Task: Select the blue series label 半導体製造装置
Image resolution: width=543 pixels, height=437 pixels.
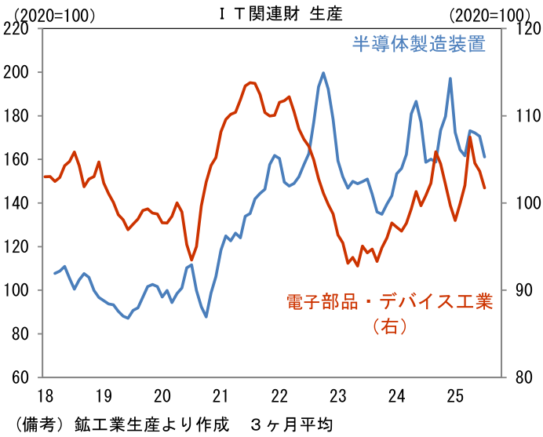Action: pyautogui.click(x=418, y=44)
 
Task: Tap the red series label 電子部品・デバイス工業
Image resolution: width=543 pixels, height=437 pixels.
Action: pyautogui.click(x=389, y=302)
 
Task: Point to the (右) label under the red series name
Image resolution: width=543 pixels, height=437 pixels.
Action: pyautogui.click(x=389, y=326)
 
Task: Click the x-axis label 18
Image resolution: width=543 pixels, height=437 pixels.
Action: pyautogui.click(x=45, y=395)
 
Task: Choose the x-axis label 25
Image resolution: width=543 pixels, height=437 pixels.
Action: pyautogui.click(x=455, y=395)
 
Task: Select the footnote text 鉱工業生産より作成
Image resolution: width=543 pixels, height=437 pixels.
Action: pyautogui.click(x=152, y=425)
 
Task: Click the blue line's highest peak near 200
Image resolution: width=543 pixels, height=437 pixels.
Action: pyautogui.click(x=324, y=73)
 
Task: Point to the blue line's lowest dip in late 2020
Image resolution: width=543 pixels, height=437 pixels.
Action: pyautogui.click(x=206, y=316)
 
